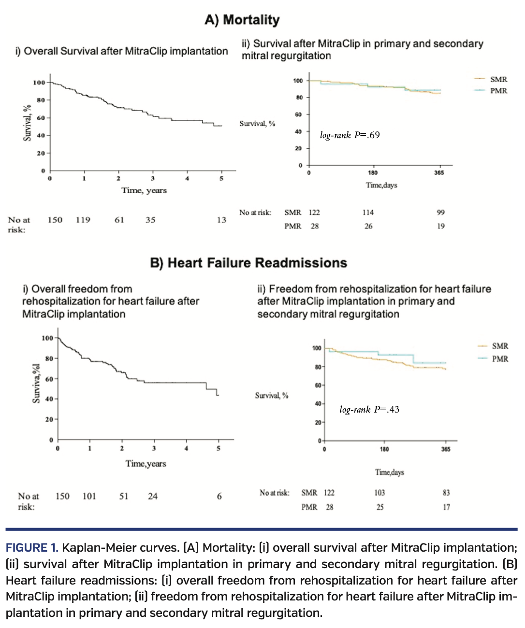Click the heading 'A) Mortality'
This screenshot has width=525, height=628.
pos(242,20)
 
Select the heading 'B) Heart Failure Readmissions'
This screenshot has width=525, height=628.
pos(248,263)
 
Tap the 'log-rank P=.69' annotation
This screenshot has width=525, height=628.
pos(350,135)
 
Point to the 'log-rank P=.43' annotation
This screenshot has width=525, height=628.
pos(369,410)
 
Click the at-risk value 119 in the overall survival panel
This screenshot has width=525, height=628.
pos(83,220)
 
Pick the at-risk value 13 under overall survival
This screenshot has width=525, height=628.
pos(221,220)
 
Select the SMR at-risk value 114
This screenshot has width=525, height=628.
pos(368,213)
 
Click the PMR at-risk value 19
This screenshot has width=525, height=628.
pos(441,226)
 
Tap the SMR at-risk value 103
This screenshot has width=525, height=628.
pos(379,493)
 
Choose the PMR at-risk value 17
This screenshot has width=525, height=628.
pos(446,507)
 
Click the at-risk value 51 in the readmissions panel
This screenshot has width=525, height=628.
pos(124,496)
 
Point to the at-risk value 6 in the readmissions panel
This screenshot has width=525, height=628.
pos(219,496)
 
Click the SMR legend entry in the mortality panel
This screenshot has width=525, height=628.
pos(498,79)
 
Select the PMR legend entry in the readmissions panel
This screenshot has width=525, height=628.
pos(500,359)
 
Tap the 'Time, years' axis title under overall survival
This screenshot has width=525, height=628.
pos(144,190)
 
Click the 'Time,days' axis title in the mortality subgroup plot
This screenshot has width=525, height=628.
pos(381,185)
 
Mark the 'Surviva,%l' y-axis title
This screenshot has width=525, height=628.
pos(36,384)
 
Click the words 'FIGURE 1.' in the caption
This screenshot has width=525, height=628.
pos(32,548)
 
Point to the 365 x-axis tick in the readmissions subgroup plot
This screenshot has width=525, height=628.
pos(446,449)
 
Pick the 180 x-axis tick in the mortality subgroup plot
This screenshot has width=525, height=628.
pos(373,173)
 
